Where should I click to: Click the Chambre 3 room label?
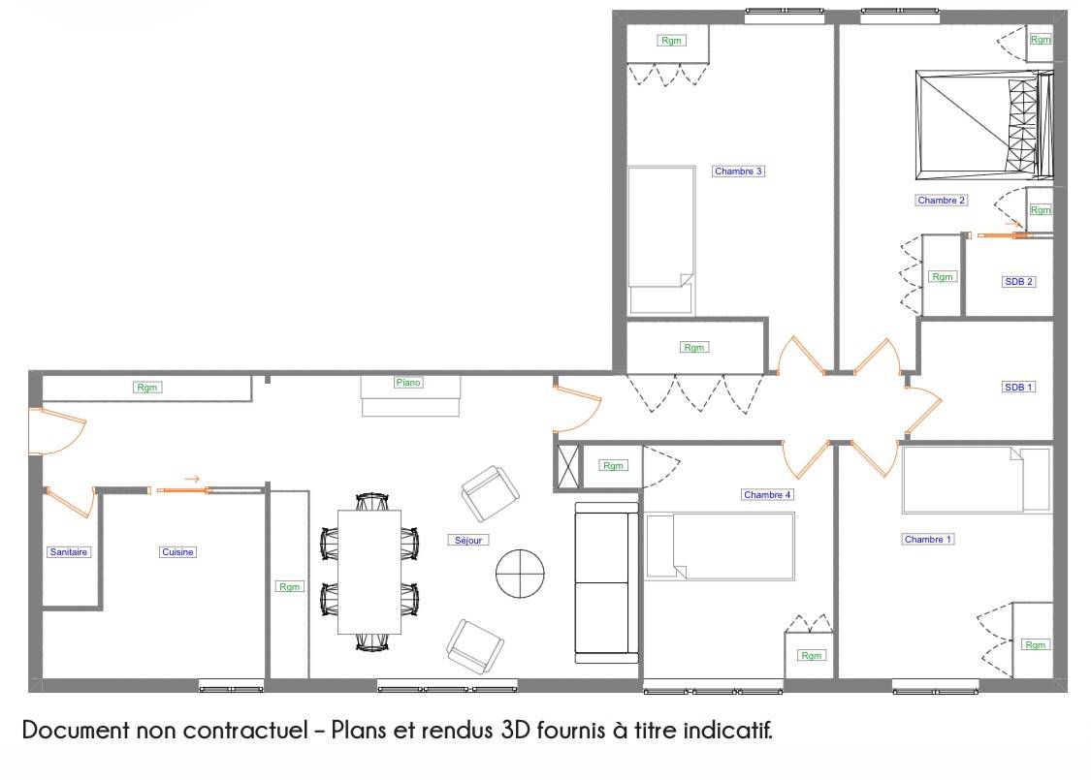[x=738, y=171]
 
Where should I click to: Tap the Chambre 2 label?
[x=941, y=201]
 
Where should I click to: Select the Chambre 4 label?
[x=767, y=495]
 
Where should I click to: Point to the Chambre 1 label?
[x=927, y=540]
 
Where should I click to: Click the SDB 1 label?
[x=1018, y=388]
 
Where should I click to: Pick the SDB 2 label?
[x=1018, y=282]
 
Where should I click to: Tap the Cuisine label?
[x=177, y=552]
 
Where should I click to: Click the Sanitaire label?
[x=68, y=552]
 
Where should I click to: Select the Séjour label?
[x=468, y=540]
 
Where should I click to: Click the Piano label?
[x=408, y=383]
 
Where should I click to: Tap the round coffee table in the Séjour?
[x=520, y=574]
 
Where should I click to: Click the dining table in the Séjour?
[x=369, y=572]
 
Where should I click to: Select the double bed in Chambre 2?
[x=984, y=125]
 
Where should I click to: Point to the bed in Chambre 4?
[x=721, y=546]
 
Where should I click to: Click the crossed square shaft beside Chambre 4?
[x=568, y=466]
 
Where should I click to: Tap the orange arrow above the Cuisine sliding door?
[x=192, y=479]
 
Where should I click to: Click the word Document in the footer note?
[x=76, y=730]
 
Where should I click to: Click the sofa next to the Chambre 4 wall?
[x=607, y=582]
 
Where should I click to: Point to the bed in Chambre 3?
[x=661, y=240]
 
